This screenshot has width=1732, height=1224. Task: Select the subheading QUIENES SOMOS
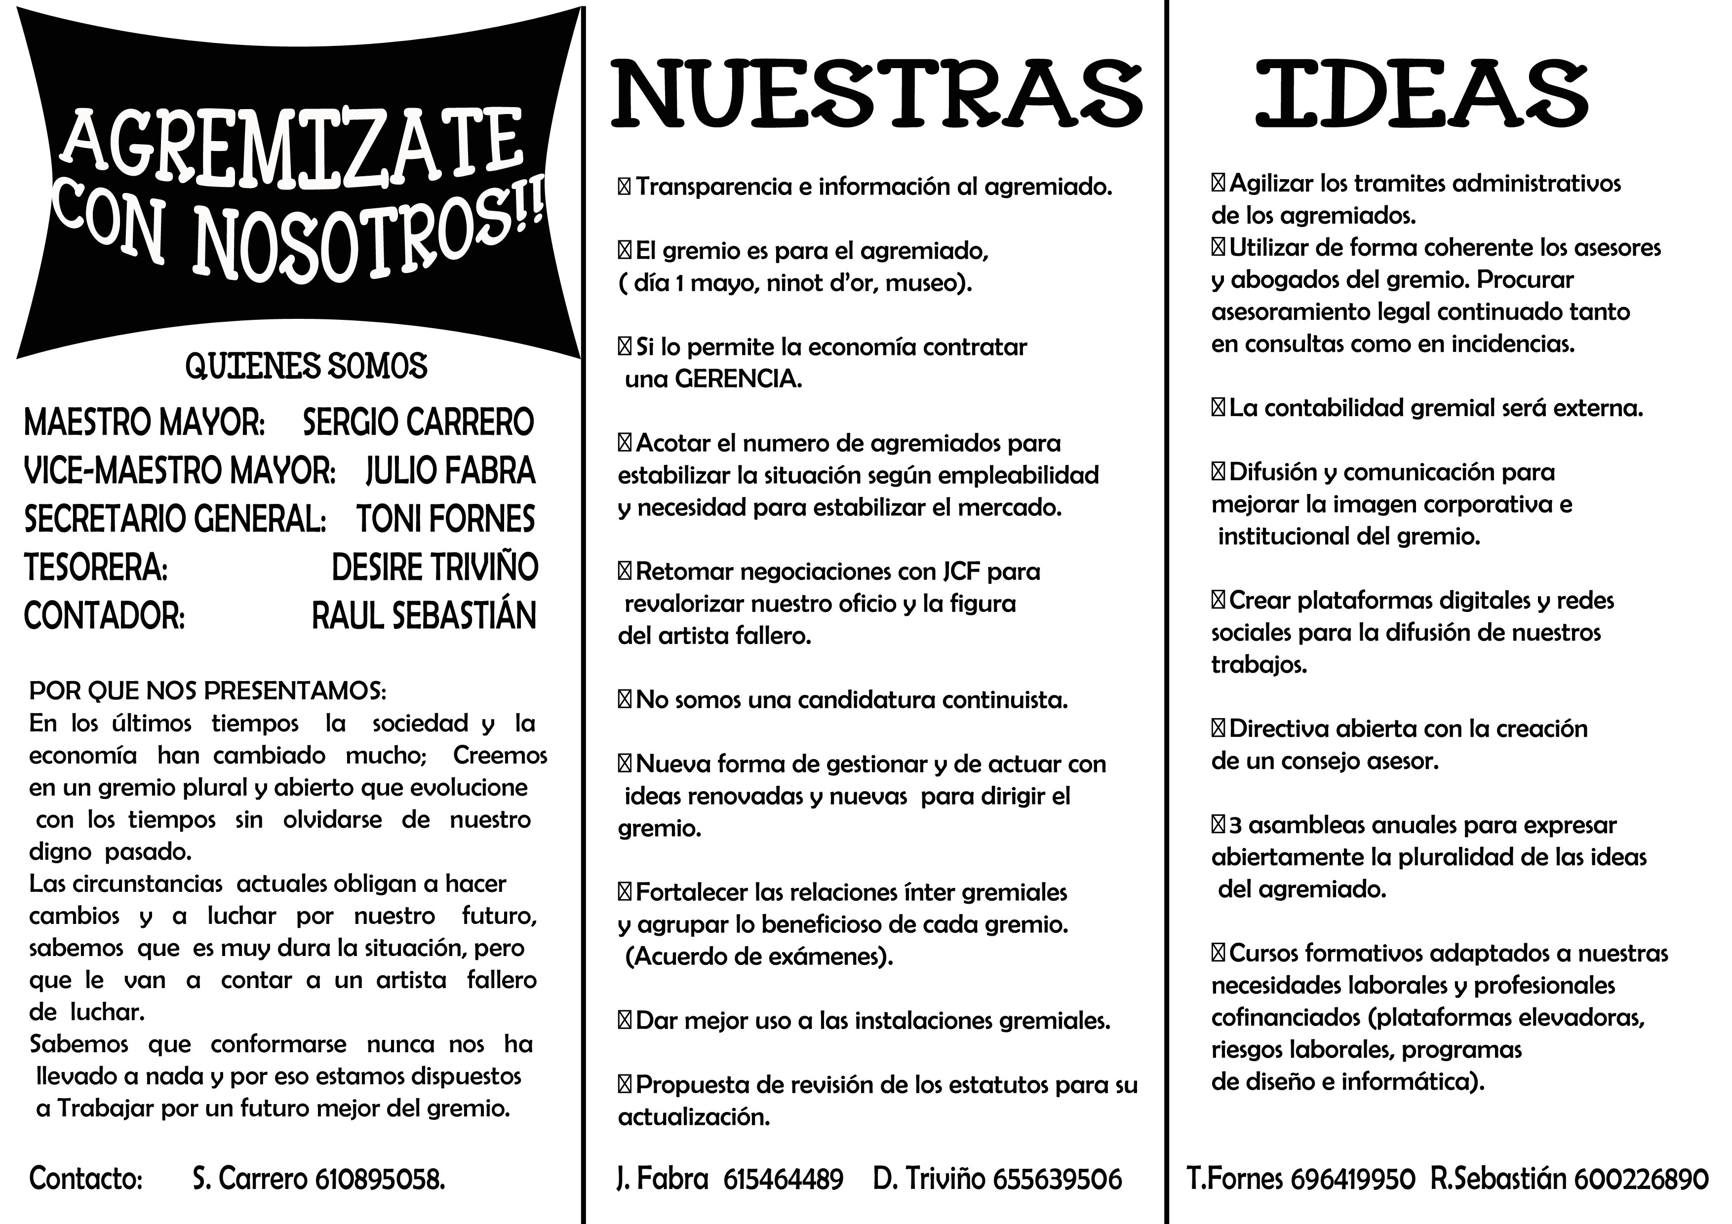(306, 367)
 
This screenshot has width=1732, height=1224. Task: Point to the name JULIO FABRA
(450, 470)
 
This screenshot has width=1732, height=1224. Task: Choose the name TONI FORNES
(445, 519)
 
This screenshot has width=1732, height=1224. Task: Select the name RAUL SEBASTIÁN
(424, 615)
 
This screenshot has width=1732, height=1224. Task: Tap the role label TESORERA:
(96, 567)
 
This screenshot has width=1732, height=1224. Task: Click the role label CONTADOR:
(104, 615)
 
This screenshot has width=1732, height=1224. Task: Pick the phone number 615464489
(782, 1179)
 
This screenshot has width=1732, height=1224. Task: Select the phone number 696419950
(1352, 1179)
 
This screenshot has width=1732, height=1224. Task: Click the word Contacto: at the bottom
(86, 1179)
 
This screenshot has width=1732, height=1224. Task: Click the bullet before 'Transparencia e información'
(624, 186)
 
